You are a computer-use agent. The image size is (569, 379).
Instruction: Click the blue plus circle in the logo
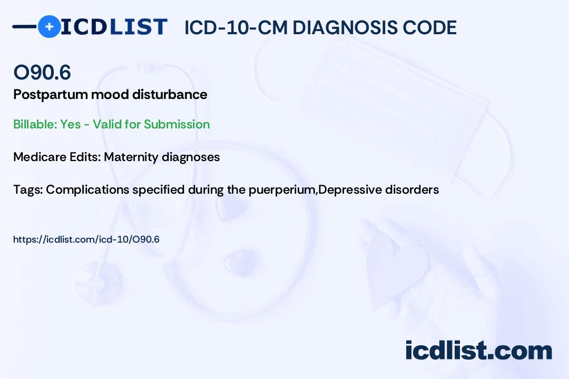(x=49, y=26)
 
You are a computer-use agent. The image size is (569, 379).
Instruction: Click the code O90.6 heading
(x=42, y=72)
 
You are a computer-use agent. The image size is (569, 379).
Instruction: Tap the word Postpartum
(x=51, y=95)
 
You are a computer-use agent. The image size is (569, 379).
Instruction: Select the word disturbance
(x=170, y=94)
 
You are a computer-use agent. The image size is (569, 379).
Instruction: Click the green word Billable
(x=34, y=124)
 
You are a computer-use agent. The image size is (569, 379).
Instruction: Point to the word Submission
(x=176, y=124)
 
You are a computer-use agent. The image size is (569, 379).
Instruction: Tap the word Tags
(x=28, y=190)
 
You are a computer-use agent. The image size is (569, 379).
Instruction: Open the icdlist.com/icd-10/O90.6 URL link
(x=86, y=240)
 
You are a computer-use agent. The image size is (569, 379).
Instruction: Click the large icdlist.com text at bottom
(x=478, y=350)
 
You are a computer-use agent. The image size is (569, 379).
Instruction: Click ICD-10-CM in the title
(x=236, y=28)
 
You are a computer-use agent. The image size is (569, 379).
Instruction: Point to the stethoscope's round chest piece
(x=99, y=282)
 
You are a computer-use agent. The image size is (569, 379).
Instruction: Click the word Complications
(x=87, y=190)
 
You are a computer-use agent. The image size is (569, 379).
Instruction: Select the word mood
(x=110, y=95)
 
